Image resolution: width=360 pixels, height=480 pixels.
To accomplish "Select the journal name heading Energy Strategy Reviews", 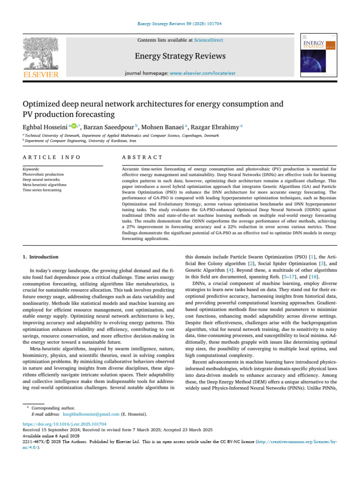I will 180,56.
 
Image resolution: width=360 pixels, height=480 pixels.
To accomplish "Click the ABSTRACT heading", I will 142,157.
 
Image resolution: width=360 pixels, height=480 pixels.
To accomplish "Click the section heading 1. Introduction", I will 41,257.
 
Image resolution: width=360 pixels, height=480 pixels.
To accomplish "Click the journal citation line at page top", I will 180,23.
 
